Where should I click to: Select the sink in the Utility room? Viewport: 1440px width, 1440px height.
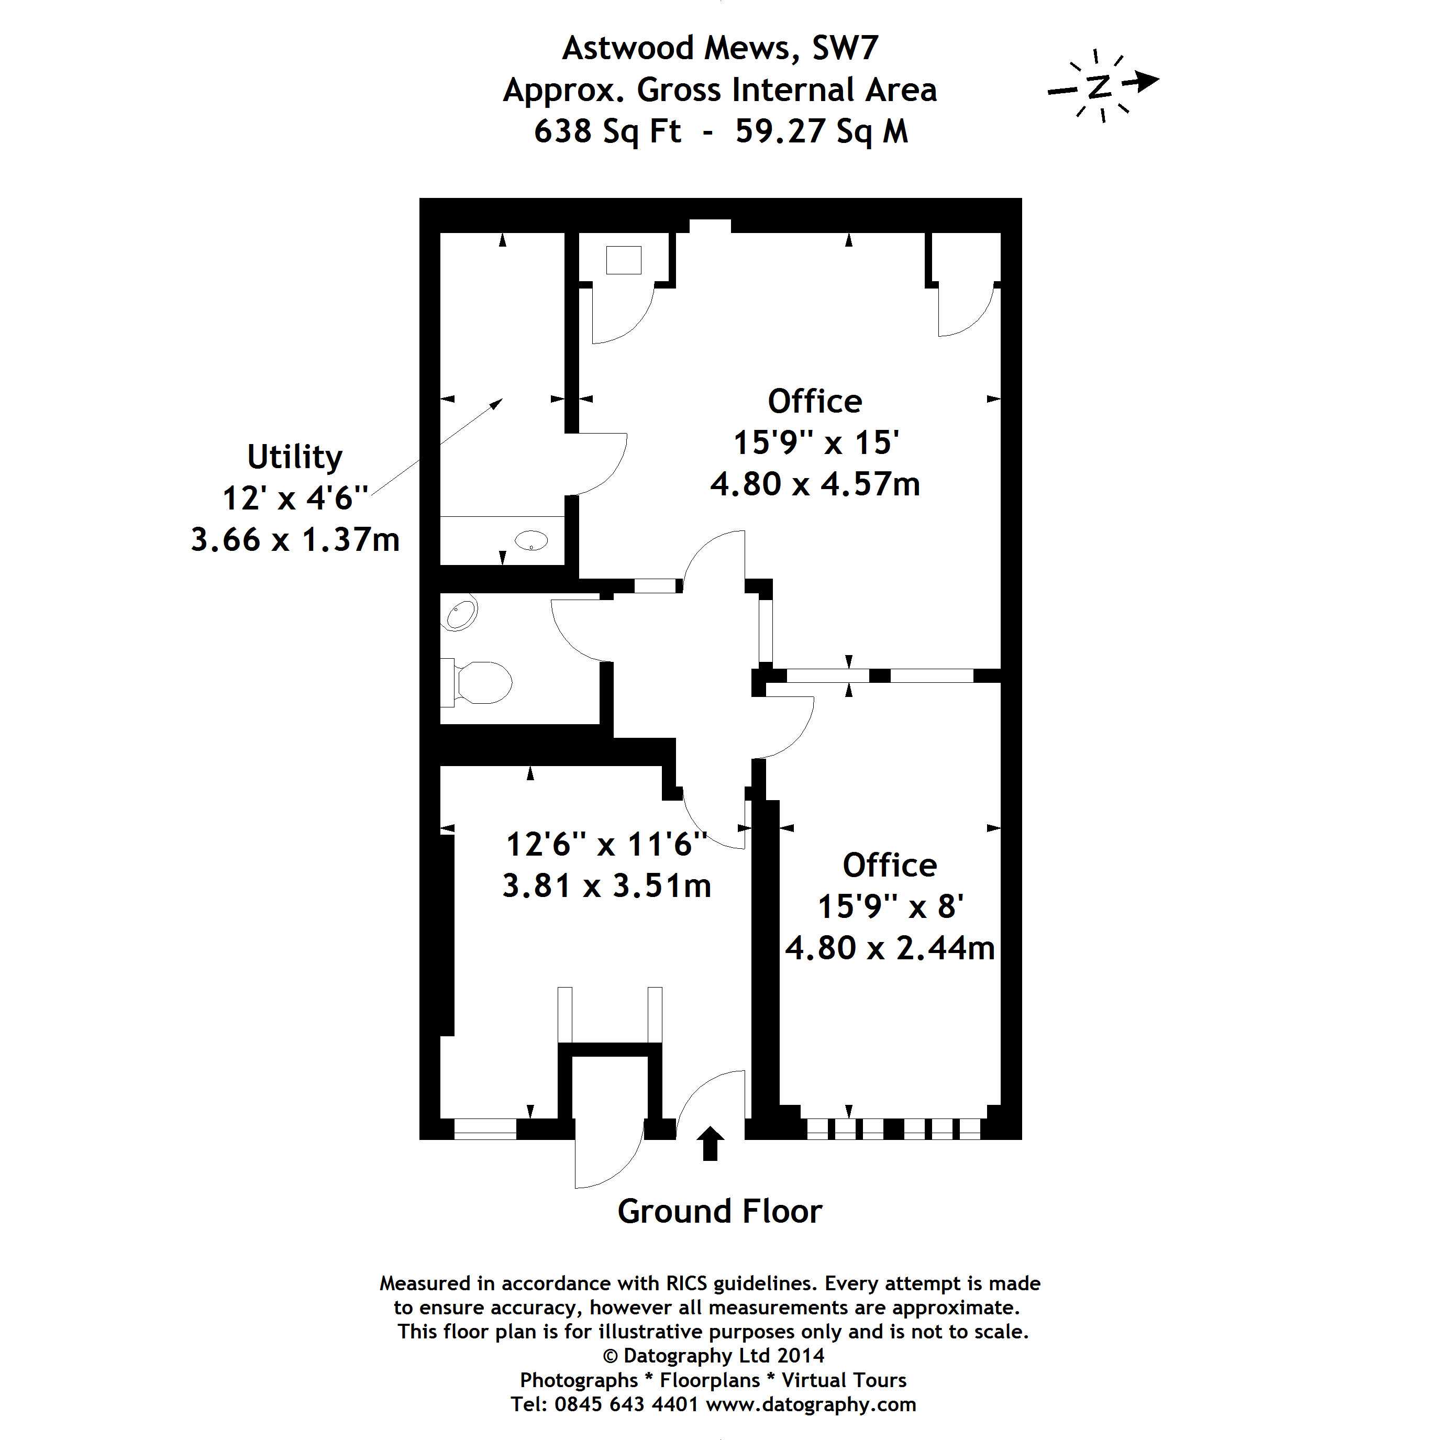click(531, 540)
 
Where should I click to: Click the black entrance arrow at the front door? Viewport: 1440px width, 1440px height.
click(710, 1143)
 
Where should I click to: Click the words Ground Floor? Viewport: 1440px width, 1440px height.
click(719, 1211)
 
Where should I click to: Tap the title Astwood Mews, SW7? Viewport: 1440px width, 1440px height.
click(720, 48)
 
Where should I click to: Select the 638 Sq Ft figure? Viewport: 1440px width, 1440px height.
click(607, 131)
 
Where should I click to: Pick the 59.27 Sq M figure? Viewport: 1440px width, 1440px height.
click(822, 131)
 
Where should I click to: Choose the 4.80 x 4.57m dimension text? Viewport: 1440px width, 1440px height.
click(815, 484)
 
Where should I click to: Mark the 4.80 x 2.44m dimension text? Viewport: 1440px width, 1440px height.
click(890, 948)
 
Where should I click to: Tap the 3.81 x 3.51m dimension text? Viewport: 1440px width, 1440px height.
click(607, 885)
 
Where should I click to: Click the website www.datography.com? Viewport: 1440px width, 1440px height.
click(811, 1404)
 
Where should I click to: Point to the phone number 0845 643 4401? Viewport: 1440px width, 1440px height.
click(627, 1404)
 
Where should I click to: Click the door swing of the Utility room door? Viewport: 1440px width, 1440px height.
click(602, 463)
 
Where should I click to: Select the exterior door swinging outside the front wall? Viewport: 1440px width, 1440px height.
click(609, 1154)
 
